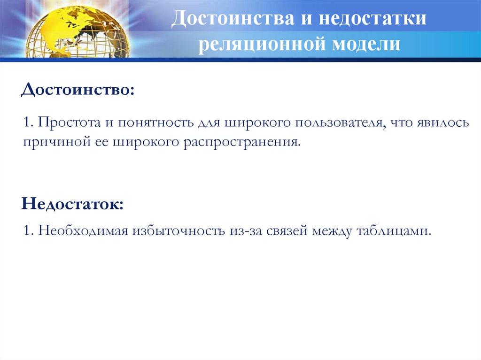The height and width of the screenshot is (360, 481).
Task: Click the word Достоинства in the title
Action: [x=232, y=18]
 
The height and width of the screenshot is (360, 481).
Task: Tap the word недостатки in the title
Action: [x=372, y=18]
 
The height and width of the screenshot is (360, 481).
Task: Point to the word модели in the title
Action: [x=366, y=44]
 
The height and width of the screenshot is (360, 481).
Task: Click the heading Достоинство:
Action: [x=78, y=90]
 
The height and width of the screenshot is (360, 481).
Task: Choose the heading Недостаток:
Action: [x=72, y=204]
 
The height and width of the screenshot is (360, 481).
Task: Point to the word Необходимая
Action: [x=83, y=230]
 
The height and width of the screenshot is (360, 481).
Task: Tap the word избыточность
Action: [x=179, y=230]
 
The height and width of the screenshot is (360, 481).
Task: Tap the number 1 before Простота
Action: [x=27, y=123]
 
